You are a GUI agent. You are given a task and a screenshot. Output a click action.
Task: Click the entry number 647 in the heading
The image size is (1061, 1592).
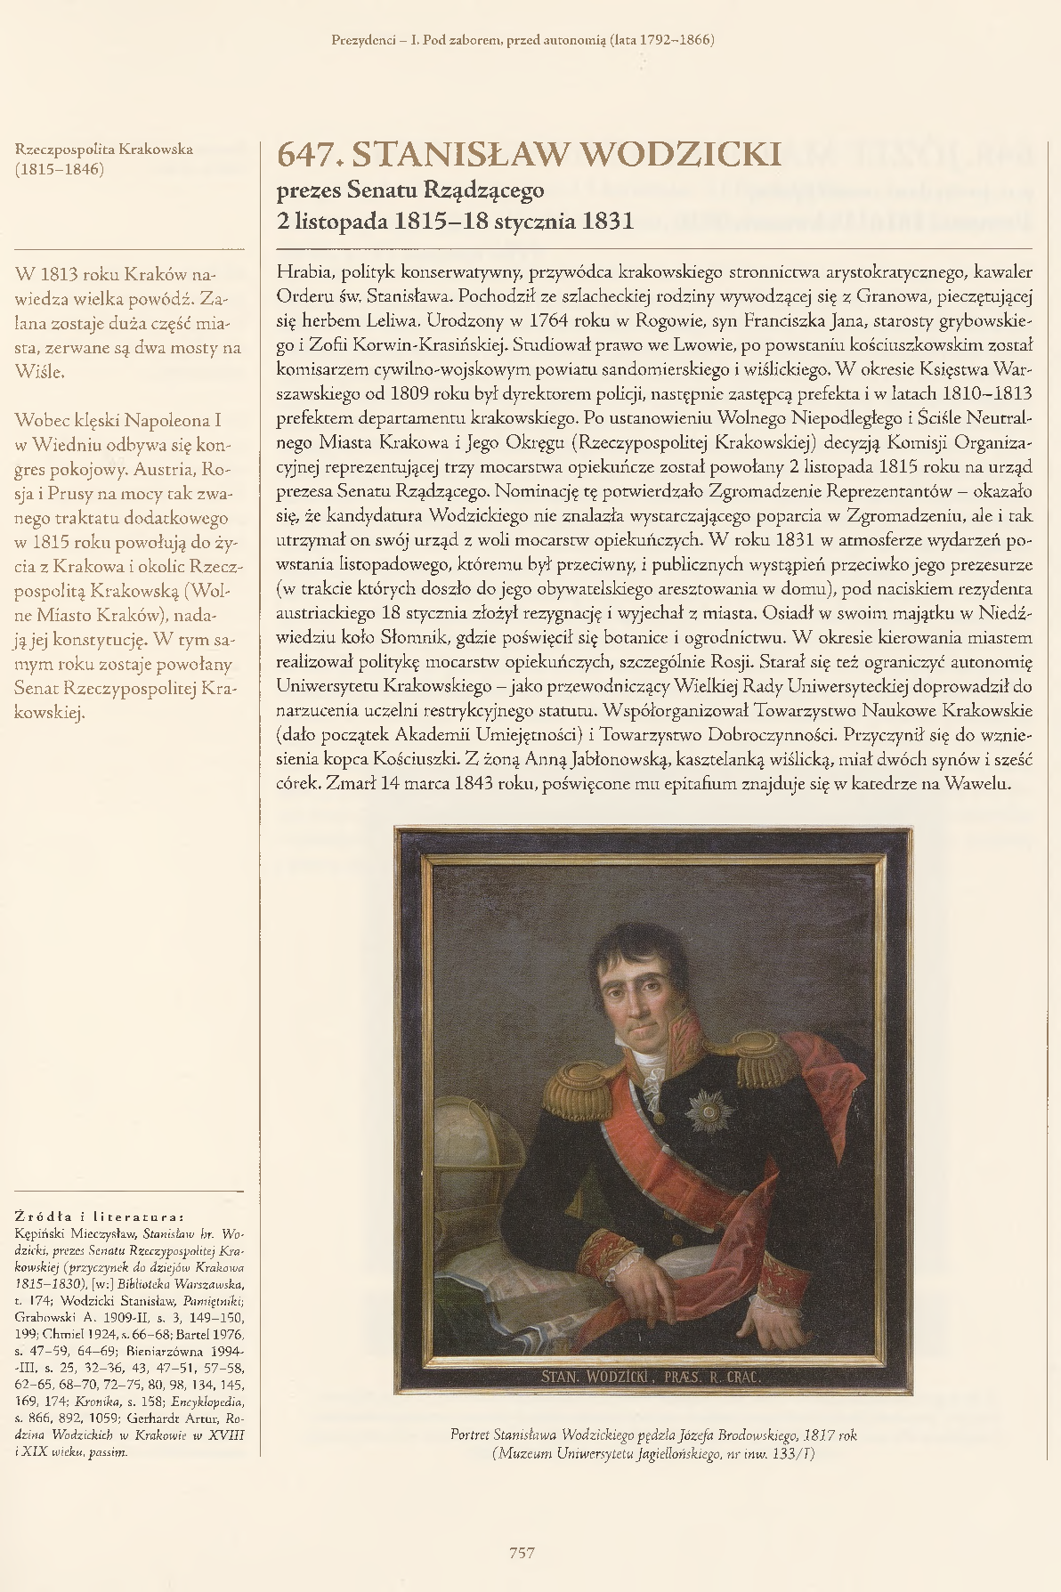(309, 157)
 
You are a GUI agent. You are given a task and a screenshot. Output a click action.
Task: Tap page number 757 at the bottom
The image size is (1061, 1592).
(522, 1553)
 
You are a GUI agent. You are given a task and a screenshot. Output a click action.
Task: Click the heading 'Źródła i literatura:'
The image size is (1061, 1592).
(101, 1215)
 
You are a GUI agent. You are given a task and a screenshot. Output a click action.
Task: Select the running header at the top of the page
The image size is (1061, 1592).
(522, 40)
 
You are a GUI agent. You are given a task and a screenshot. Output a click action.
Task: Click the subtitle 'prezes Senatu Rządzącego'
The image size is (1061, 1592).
(410, 189)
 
